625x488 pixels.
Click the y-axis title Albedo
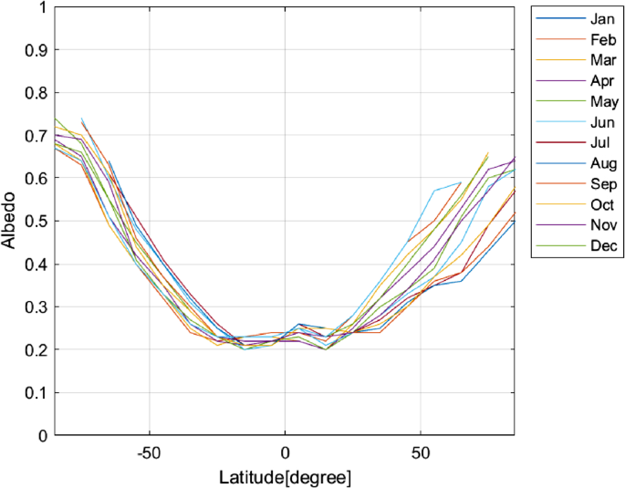[x=12, y=222]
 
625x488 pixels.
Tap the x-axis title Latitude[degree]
[x=285, y=477]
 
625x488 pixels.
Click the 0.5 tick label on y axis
[x=36, y=222]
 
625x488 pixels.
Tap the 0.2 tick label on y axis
[x=36, y=350]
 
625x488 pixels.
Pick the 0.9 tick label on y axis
[x=36, y=51]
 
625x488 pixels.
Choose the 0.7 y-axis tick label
[x=36, y=137]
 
